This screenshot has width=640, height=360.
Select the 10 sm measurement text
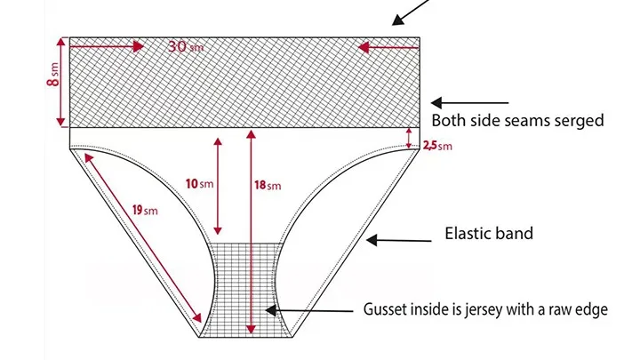click(200, 184)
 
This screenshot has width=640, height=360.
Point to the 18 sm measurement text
click(268, 185)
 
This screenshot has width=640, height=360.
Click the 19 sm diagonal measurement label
click(144, 210)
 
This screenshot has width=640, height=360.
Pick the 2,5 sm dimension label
click(436, 146)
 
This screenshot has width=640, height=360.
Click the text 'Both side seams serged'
click(517, 121)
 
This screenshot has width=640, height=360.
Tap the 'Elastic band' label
click(489, 235)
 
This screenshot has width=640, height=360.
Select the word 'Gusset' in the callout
click(387, 310)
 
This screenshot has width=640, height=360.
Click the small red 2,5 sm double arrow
click(410, 137)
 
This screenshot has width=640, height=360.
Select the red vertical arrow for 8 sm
click(60, 82)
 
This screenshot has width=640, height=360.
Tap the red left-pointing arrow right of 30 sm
click(387, 46)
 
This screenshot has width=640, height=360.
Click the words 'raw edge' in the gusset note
click(577, 310)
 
